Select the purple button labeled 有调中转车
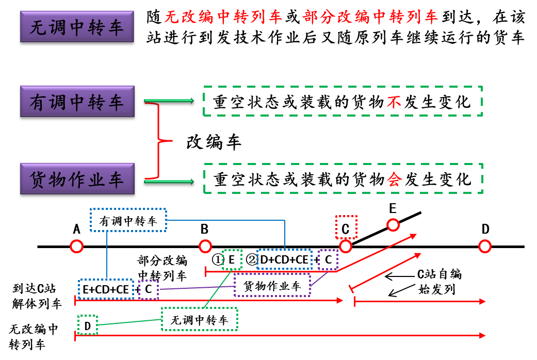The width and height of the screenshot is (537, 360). (77, 103)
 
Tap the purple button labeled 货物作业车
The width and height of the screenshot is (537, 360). (77, 181)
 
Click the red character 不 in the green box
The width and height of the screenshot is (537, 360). (394, 102)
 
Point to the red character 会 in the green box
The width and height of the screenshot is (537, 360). (394, 179)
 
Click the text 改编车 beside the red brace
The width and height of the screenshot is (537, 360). (214, 142)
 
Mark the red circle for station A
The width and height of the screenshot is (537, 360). (77, 246)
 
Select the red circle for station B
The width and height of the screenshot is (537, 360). (205, 246)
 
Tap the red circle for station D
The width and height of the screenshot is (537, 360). (484, 246)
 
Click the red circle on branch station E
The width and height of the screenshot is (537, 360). (393, 225)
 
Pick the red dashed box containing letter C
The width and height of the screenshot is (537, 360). (345, 227)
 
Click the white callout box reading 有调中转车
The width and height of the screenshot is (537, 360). (128, 221)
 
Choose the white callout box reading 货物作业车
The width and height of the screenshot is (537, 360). (272, 286)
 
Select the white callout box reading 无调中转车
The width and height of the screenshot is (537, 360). (200, 320)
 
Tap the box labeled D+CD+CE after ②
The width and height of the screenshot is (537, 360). (284, 260)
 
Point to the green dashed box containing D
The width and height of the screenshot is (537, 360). (87, 325)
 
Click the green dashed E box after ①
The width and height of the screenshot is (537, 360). (232, 259)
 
